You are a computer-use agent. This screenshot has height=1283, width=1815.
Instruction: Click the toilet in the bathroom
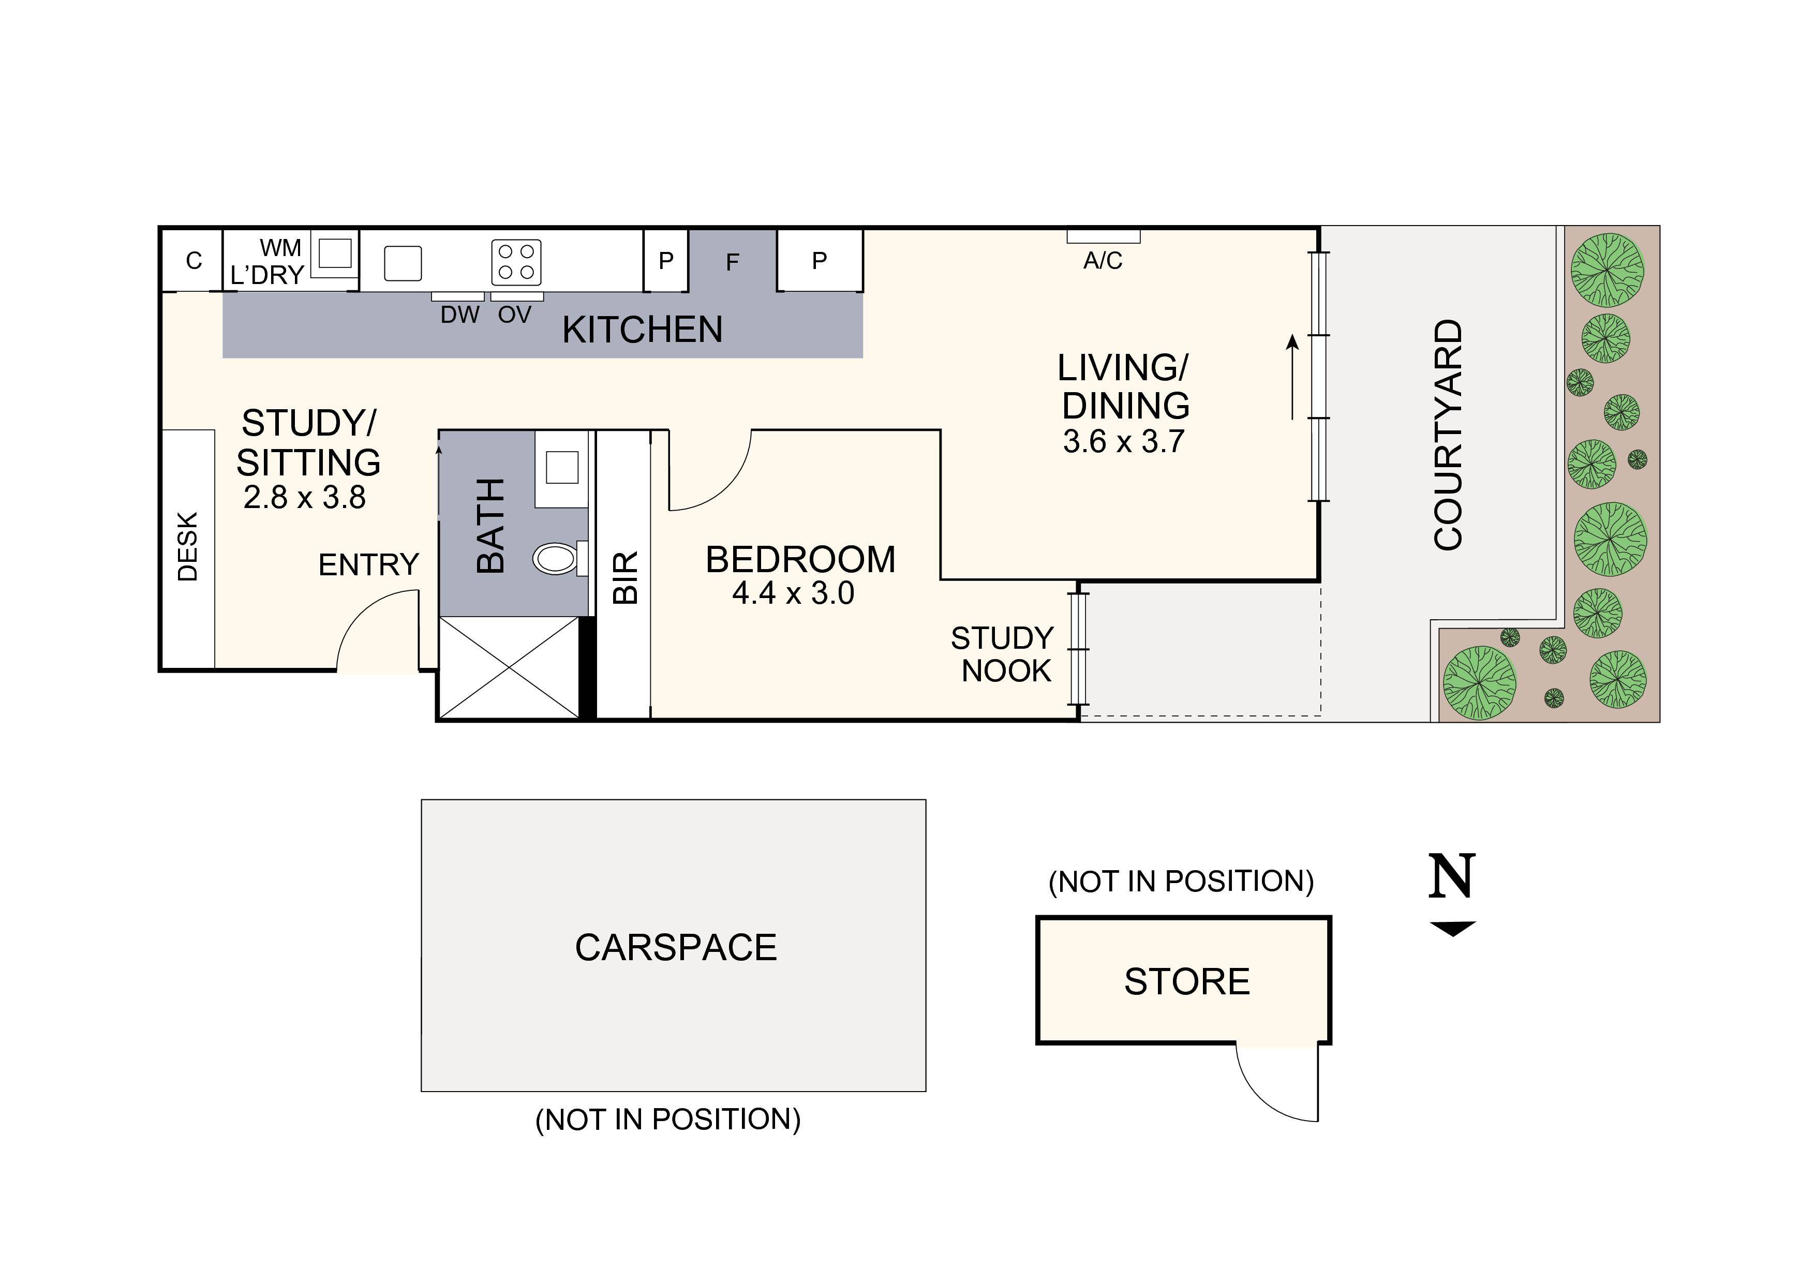pos(557,558)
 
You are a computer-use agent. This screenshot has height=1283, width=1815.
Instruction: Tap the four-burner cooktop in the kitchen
pos(516,262)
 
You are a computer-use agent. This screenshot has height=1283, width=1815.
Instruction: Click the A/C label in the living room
pos(1102,261)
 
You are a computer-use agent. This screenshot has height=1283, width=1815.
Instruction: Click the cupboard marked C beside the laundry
pos(194,261)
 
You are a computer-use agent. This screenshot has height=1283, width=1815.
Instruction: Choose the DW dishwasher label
pos(459,315)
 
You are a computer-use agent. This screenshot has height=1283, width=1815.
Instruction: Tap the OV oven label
pos(515,315)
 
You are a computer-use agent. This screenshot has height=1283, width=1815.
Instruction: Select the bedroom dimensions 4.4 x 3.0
pos(793,594)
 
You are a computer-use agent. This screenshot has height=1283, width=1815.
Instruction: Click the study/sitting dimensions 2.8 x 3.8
pos(304,497)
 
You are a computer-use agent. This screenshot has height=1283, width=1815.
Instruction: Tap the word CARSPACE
pos(676,947)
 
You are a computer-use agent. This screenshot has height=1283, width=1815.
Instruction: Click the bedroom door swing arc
pos(716,478)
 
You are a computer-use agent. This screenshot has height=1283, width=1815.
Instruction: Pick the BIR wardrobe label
pos(624,578)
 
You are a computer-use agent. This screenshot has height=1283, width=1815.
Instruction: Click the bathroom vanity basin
pos(562,467)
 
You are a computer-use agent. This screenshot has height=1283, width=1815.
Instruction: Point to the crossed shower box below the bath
pos(510,668)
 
